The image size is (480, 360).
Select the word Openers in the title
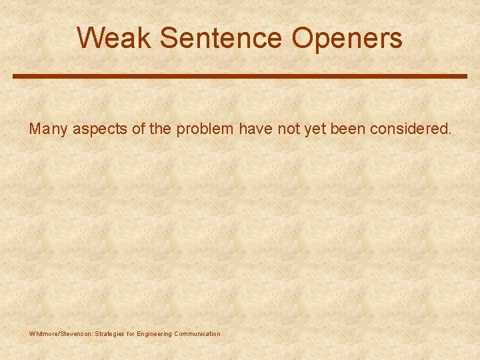tap(347, 38)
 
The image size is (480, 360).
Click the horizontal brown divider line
tap(240, 77)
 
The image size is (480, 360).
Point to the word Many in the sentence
tap(48, 129)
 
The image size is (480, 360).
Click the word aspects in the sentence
tap(100, 129)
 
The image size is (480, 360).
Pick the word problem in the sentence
tap(205, 129)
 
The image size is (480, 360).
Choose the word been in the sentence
tap(347, 129)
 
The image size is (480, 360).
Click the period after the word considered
tap(450, 133)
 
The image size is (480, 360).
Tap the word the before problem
tap(160, 129)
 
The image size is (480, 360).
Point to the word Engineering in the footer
tap(154, 334)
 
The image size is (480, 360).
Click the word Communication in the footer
tap(197, 334)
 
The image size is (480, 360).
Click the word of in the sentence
tap(138, 129)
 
